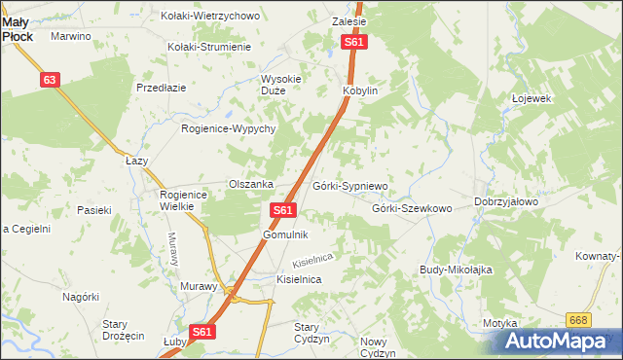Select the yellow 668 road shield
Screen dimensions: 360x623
click(579, 320)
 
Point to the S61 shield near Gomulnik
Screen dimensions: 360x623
click(282, 210)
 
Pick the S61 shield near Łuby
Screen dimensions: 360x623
click(201, 332)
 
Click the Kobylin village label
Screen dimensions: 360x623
click(359, 90)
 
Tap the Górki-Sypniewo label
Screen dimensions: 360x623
click(350, 185)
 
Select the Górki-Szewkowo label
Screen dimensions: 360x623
click(412, 208)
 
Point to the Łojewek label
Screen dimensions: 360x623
click(531, 98)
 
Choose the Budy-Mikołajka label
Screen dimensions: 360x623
click(457, 269)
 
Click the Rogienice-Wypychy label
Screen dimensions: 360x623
click(230, 128)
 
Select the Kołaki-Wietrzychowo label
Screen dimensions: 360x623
click(211, 16)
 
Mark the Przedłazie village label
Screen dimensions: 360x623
click(162, 87)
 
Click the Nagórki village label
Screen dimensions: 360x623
click(81, 297)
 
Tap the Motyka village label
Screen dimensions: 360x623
click(498, 323)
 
